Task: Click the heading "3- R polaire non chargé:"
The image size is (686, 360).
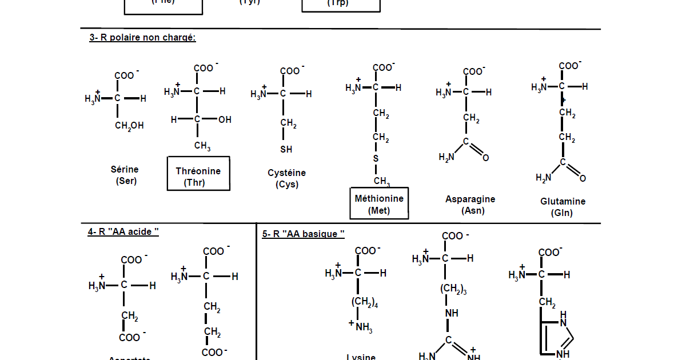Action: [x=142, y=38]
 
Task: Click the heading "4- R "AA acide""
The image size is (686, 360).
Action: [x=123, y=231]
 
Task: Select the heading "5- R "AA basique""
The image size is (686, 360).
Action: [x=303, y=234]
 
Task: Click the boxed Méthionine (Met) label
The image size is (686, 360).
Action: [x=379, y=203]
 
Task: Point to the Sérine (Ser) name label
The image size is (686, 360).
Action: [x=125, y=175]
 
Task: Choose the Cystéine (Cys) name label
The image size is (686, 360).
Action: [x=286, y=178]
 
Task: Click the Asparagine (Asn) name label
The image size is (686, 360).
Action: [x=470, y=205]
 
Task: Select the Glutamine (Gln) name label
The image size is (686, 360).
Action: [x=563, y=207]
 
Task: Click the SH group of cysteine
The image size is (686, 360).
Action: [x=286, y=150]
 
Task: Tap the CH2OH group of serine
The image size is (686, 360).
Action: [x=129, y=126]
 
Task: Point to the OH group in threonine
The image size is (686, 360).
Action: [x=225, y=120]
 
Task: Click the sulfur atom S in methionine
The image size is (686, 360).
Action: [x=376, y=158]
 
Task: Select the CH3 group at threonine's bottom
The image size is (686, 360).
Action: [x=202, y=146]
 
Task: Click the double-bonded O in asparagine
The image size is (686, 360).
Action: [x=485, y=158]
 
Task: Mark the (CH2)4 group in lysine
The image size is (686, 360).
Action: [x=364, y=303]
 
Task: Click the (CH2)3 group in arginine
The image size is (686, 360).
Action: [x=453, y=290]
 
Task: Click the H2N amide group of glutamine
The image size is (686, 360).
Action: [x=544, y=178]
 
